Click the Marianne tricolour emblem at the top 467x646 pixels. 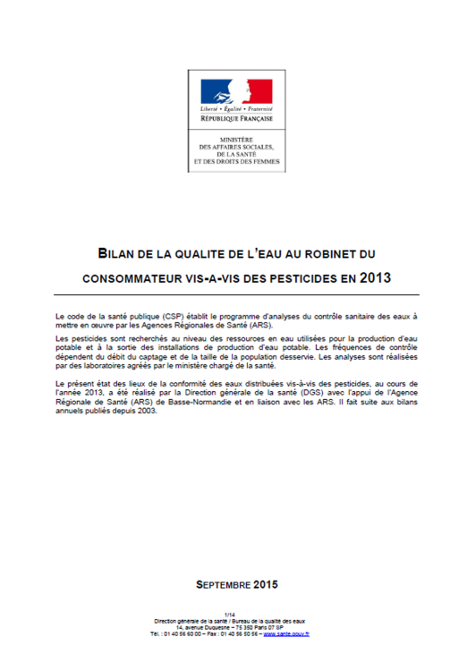pyautogui.click(x=236, y=90)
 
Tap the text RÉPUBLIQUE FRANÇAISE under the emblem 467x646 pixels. pyautogui.click(x=236, y=118)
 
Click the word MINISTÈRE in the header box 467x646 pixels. pyautogui.click(x=236, y=140)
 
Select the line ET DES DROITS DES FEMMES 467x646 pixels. pyautogui.click(x=236, y=162)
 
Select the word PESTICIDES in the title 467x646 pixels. pyautogui.click(x=288, y=278)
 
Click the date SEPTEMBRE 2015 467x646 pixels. pyautogui.click(x=237, y=584)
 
